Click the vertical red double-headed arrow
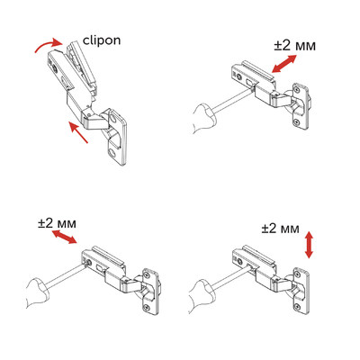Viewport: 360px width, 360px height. click(x=310, y=244)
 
